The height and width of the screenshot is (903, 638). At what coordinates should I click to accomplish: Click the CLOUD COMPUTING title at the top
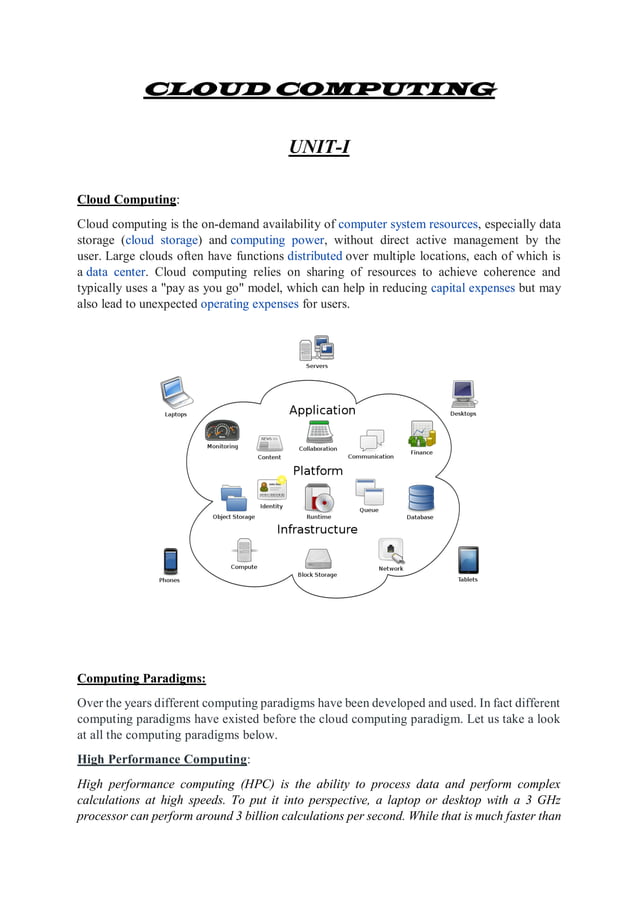[319, 89]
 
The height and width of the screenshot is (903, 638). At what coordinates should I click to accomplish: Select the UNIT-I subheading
[318, 149]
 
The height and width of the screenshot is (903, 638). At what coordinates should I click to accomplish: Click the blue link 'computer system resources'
[410, 223]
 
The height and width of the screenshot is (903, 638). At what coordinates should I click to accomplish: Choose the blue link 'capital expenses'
[472, 288]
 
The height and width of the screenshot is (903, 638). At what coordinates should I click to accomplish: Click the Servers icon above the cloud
[316, 349]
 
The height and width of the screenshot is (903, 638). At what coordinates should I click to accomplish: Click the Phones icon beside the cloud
[170, 561]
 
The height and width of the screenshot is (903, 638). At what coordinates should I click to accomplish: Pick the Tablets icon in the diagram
[467, 560]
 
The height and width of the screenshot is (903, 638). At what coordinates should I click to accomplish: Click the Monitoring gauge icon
[222, 430]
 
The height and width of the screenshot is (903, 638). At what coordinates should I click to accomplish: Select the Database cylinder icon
[420, 497]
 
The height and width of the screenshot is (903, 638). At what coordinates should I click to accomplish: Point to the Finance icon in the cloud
[421, 434]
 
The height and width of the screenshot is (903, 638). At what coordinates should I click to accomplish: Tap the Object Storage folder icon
[233, 497]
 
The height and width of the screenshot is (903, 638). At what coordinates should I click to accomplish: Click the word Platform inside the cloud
[318, 470]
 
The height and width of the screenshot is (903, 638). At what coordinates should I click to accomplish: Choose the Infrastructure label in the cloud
[317, 529]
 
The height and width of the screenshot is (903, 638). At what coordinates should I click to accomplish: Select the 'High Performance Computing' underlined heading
[162, 759]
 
